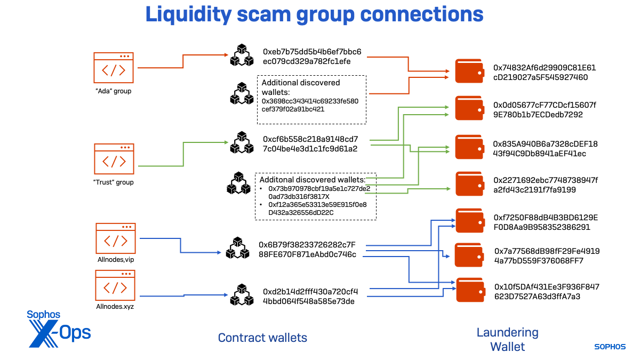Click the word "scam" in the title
click(270, 15)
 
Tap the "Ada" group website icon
click(113, 68)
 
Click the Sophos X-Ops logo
click(59, 328)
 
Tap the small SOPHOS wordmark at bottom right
click(610, 347)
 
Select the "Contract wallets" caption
click(262, 338)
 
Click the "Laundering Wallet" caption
click(507, 340)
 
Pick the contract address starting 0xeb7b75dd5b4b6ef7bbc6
click(312, 57)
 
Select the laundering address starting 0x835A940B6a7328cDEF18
click(545, 149)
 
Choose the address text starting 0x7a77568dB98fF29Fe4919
click(547, 255)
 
